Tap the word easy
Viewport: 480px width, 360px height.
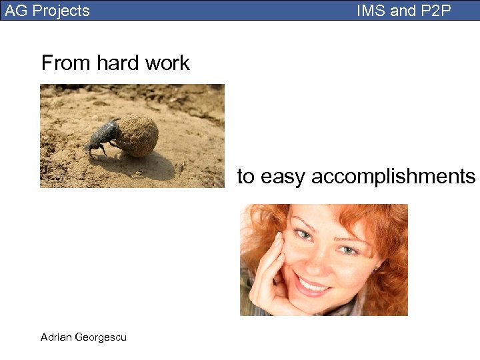[x=283, y=177]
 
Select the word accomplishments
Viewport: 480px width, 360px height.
[x=393, y=177]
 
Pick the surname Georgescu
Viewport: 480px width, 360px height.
[x=101, y=337]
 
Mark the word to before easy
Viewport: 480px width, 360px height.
[x=246, y=177]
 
